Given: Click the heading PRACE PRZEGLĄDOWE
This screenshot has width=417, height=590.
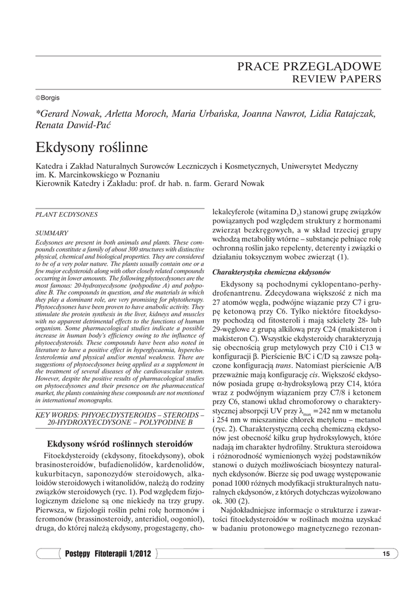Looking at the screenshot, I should [x=309, y=66].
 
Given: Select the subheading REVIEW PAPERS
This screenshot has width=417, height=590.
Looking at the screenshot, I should [x=337, y=79].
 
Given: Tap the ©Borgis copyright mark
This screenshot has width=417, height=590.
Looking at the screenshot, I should [x=48, y=98].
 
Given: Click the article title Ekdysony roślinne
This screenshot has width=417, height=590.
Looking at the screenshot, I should [x=92, y=147].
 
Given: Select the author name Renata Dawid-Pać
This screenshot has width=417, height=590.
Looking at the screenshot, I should [x=73, y=125].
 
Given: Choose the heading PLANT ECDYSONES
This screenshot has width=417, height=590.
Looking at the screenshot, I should [x=67, y=215].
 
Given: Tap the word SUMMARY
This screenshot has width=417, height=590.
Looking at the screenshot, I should [x=52, y=233].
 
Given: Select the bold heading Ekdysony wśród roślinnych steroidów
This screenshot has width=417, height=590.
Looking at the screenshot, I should [x=119, y=444].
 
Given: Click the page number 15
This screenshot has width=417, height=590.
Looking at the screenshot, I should [x=386, y=554].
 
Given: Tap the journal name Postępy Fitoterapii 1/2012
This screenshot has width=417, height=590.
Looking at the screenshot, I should [x=108, y=554].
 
